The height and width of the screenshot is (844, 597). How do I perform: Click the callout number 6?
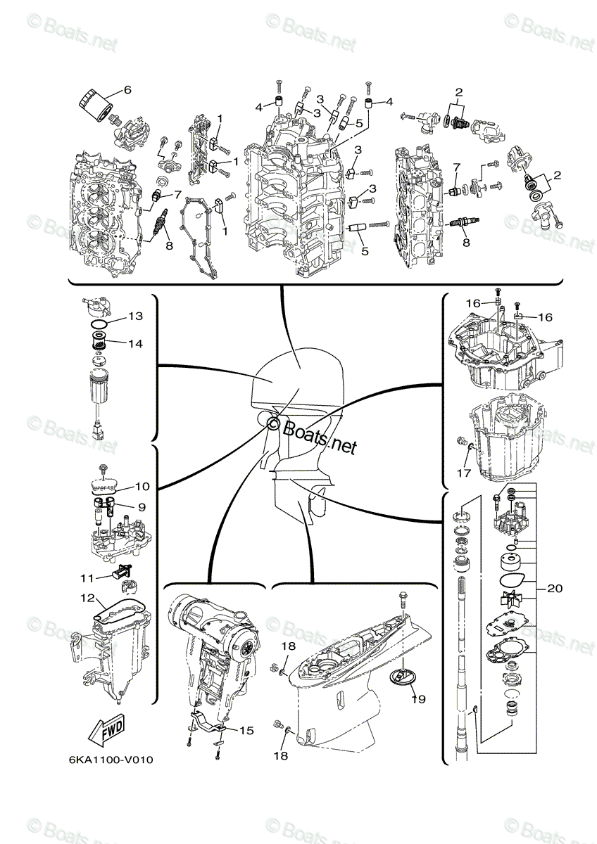click(x=127, y=89)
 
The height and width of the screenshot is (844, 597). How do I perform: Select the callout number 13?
click(x=135, y=316)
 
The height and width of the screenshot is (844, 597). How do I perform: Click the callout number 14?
click(x=135, y=344)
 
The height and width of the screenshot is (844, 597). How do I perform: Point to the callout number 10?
click(x=142, y=486)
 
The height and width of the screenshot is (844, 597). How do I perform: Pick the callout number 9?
click(x=142, y=506)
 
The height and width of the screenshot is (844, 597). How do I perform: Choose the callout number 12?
click(x=87, y=598)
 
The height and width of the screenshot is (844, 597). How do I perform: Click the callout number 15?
click(x=246, y=731)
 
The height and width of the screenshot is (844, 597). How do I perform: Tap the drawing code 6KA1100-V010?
click(x=111, y=760)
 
